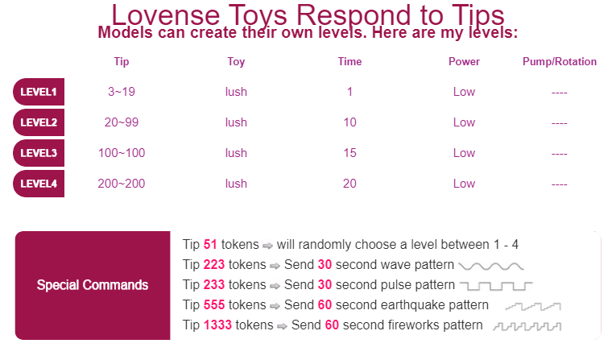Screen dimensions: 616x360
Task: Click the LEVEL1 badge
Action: click(39, 92)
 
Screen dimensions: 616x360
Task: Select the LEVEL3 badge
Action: click(39, 153)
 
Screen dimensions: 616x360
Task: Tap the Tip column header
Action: click(122, 62)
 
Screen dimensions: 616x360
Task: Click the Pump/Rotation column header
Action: click(560, 62)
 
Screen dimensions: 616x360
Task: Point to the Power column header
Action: click(464, 62)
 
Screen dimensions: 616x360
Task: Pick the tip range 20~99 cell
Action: click(122, 122)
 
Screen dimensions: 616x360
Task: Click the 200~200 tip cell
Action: click(122, 184)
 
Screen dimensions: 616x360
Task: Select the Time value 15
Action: click(349, 153)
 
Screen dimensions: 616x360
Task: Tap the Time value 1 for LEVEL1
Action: click(349, 92)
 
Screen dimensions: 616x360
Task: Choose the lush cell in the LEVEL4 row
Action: click(236, 184)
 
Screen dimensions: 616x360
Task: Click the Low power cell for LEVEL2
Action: click(464, 122)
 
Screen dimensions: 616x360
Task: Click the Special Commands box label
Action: click(93, 285)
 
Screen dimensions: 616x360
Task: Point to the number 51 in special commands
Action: click(210, 245)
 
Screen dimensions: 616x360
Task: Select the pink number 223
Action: click(213, 264)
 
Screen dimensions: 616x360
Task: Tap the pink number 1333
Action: click(217, 325)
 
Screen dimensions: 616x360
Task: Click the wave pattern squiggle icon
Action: click(491, 267)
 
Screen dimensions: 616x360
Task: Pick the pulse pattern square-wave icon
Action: click(496, 286)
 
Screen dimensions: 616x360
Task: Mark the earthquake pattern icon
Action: click(533, 306)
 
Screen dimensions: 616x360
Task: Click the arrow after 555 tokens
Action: click(275, 306)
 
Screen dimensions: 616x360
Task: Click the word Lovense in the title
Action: click(165, 15)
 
